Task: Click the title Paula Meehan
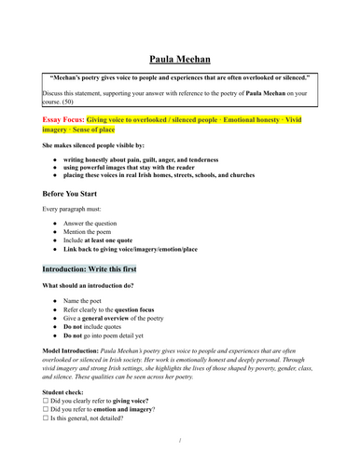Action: coord(180,57)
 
